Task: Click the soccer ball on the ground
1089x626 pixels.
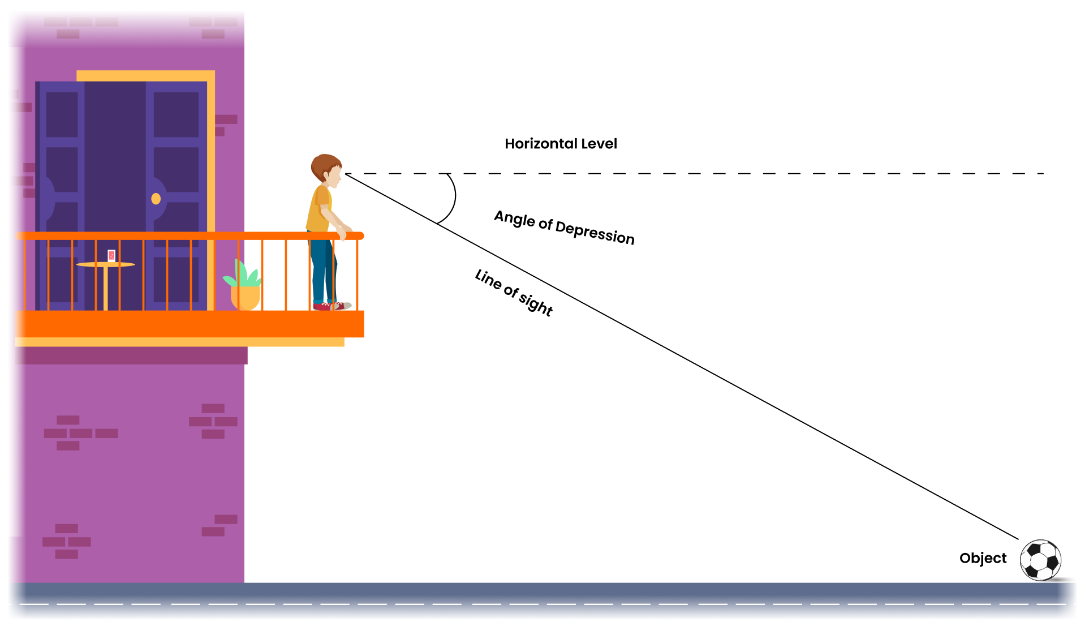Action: tap(1040, 560)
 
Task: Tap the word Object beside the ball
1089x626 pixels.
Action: tap(983, 558)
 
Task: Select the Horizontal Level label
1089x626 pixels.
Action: tap(561, 144)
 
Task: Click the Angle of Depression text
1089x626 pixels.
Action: tap(564, 227)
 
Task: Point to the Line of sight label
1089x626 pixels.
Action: tap(514, 292)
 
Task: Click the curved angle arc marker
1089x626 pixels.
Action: tap(453, 198)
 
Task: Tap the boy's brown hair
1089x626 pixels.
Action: tap(323, 165)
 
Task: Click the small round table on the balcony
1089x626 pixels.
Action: tap(106, 265)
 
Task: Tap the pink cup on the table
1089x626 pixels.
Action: tap(111, 256)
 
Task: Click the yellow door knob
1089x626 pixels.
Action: tap(156, 199)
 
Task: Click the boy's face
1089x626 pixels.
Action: tap(335, 175)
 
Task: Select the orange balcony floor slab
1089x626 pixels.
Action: tap(190, 324)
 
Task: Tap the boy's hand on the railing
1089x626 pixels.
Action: tap(342, 233)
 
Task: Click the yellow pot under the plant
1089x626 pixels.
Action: tap(245, 298)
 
